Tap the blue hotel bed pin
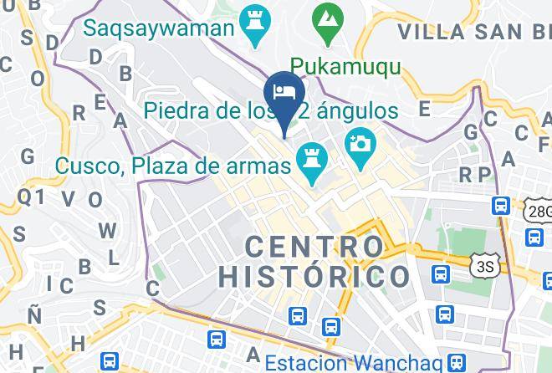283,91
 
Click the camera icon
361,141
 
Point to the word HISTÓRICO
314,276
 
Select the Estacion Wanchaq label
353,364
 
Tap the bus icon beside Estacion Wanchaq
457,361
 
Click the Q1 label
31,196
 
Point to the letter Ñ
34,314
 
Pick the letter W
106,230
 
